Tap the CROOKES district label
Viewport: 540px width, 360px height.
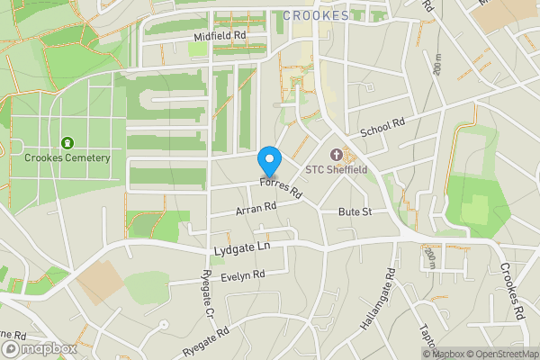(316, 15)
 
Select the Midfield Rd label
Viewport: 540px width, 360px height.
(220, 36)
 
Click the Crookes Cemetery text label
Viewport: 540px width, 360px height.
(67, 158)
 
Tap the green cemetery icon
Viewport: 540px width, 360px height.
(67, 143)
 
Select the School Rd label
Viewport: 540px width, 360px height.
(383, 129)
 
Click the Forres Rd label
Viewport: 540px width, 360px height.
(280, 188)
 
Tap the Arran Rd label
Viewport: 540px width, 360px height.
(254, 208)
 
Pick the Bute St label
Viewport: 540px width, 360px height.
(355, 211)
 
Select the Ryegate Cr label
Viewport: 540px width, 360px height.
(207, 296)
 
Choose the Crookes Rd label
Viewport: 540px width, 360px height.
(513, 291)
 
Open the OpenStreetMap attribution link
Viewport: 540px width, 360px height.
(502, 354)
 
